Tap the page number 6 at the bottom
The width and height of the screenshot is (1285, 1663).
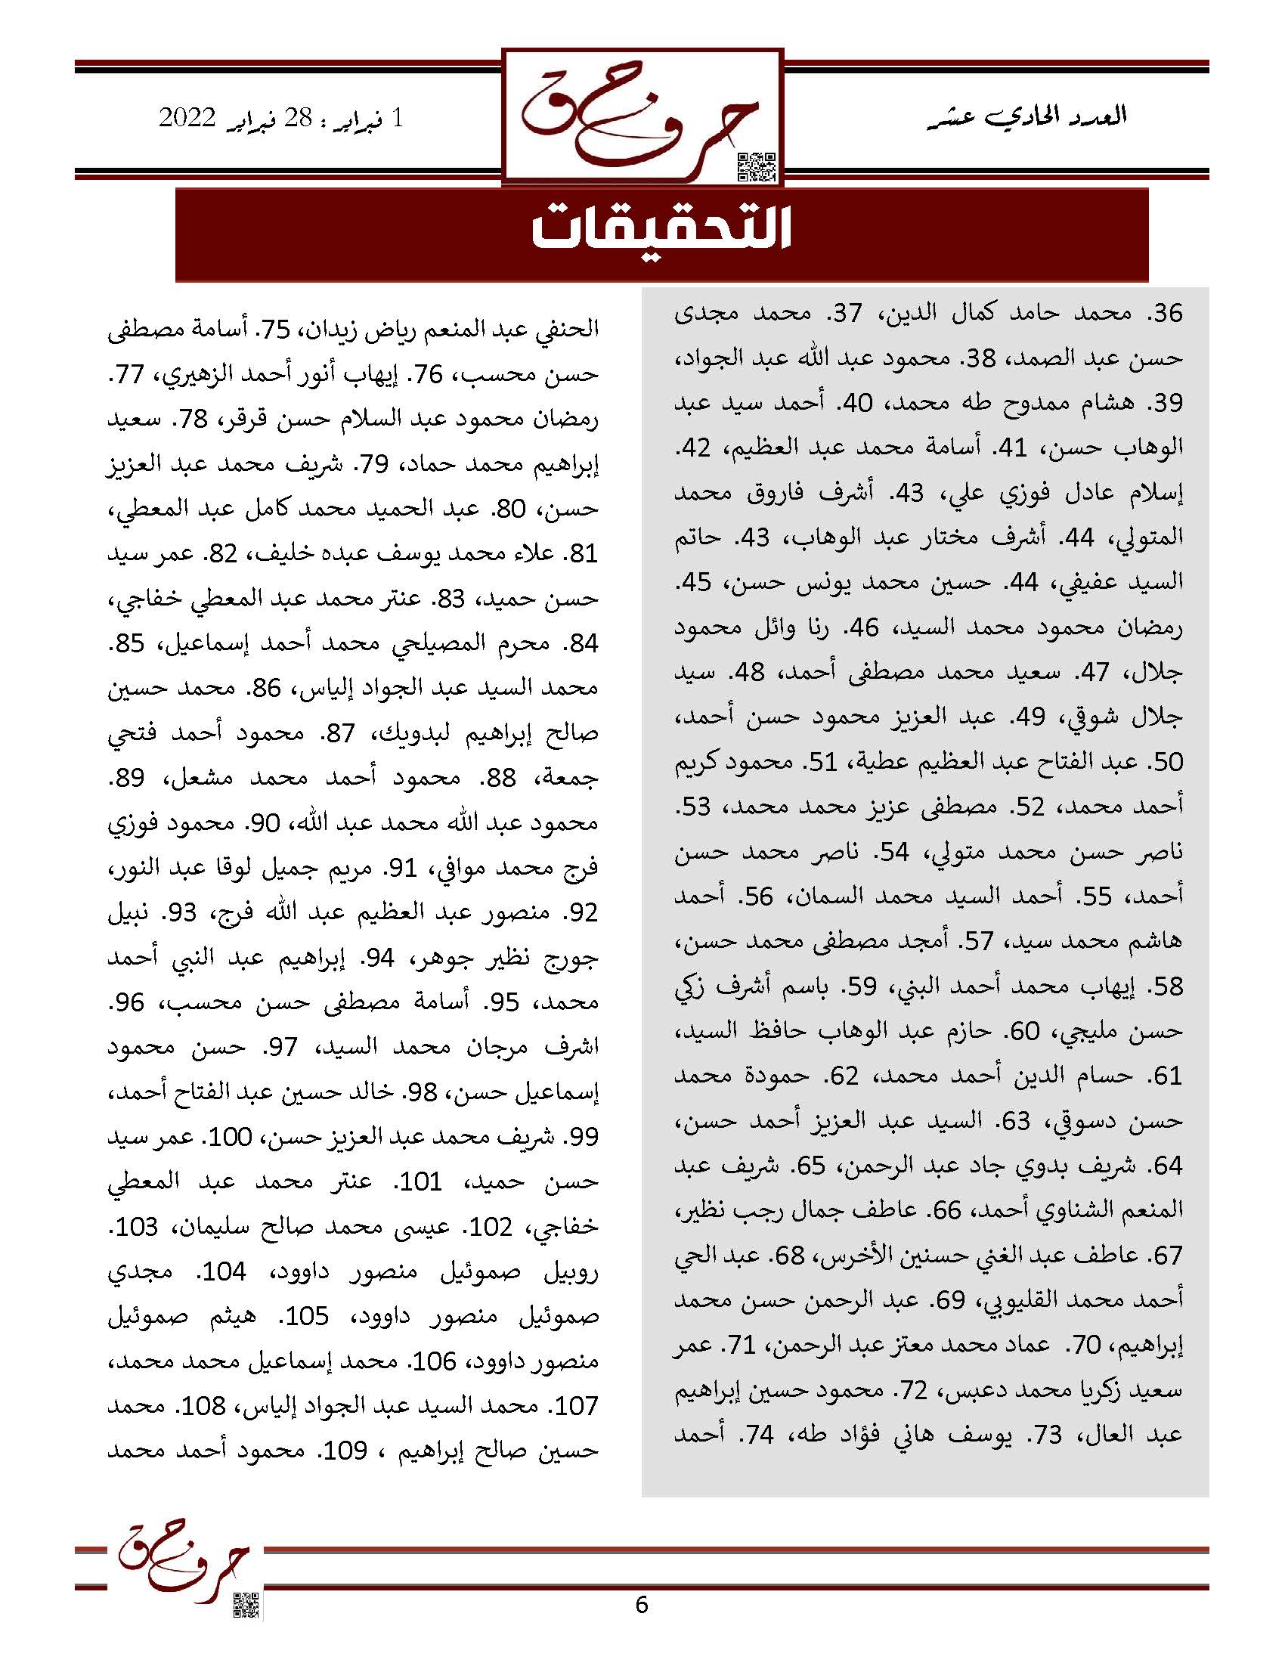(642, 1604)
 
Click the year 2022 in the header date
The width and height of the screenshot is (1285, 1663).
(187, 119)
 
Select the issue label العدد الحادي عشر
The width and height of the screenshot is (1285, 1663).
(1031, 116)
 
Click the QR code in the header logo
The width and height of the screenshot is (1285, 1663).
(757, 167)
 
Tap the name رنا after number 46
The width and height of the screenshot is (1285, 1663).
(824, 627)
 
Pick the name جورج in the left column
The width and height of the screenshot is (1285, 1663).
(571, 957)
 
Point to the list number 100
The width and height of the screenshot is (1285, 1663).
(231, 1137)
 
